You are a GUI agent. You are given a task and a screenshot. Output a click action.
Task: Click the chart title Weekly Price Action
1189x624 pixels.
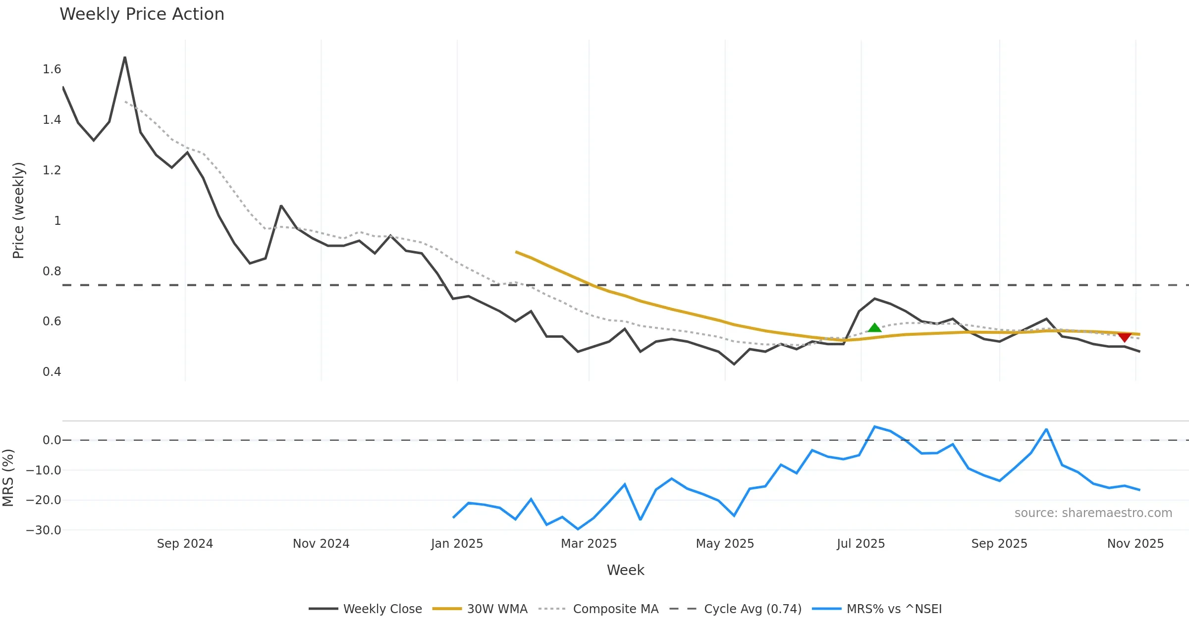[x=142, y=14]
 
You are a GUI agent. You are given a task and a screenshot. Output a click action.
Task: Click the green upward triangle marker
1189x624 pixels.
[x=874, y=328]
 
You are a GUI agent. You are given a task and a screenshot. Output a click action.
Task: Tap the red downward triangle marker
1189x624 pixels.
[x=1125, y=337]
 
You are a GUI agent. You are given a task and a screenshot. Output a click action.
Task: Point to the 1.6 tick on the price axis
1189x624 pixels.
[x=52, y=69]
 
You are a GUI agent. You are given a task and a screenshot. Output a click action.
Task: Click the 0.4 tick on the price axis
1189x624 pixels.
[x=52, y=372]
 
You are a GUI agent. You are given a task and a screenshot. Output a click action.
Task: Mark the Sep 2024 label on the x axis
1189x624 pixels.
[x=185, y=544]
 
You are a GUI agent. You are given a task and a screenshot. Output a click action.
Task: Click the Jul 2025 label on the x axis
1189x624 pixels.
[x=861, y=544]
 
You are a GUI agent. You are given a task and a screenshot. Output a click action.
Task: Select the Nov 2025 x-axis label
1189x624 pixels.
[x=1135, y=544]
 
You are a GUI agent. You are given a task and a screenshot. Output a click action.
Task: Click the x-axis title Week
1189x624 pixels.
[x=625, y=571]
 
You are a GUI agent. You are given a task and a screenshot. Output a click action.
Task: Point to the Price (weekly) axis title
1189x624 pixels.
[x=18, y=210]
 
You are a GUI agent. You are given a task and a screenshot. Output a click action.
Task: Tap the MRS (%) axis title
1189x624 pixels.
[x=8, y=478]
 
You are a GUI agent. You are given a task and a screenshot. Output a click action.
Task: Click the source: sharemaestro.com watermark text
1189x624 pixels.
[x=1093, y=513]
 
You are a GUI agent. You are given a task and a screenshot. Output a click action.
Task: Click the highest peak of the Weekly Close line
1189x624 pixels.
[x=125, y=57]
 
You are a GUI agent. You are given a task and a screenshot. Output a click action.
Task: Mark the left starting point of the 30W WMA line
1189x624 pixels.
[x=516, y=252]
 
